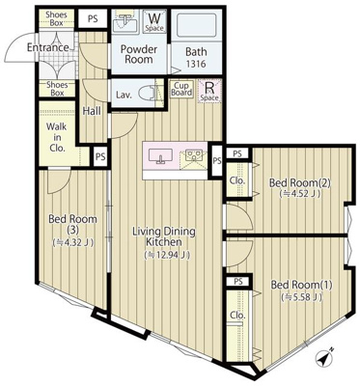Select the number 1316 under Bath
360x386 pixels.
coord(196,65)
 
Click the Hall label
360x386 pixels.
coord(92,111)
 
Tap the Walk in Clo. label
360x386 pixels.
coord(58,136)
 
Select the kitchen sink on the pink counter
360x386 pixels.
coord(159,154)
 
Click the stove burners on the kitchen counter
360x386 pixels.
coord(193,154)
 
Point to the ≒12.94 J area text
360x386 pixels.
coord(166,255)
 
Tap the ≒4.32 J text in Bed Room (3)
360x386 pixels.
coord(71,242)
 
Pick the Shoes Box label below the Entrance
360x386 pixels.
coord(56,88)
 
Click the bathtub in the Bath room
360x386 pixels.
coord(200,25)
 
